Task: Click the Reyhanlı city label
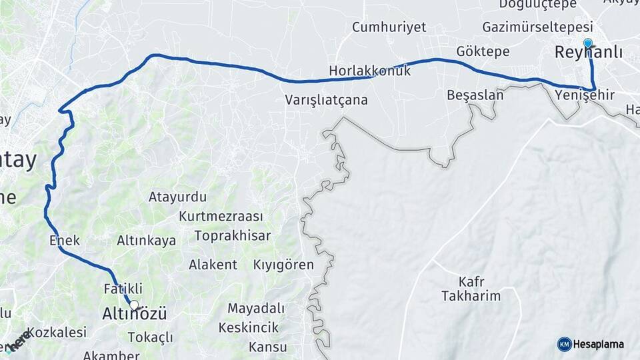589,53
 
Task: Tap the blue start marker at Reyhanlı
587,43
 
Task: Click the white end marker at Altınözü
134,305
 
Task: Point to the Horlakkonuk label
369,71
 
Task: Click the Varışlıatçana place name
326,100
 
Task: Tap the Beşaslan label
475,95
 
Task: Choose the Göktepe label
483,51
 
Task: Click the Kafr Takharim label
471,288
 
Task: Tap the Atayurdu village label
177,197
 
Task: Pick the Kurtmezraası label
221,217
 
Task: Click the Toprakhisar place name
233,236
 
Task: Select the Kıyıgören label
283,265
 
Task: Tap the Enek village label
65,240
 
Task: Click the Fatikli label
123,289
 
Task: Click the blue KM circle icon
564,344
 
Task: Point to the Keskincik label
249,327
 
